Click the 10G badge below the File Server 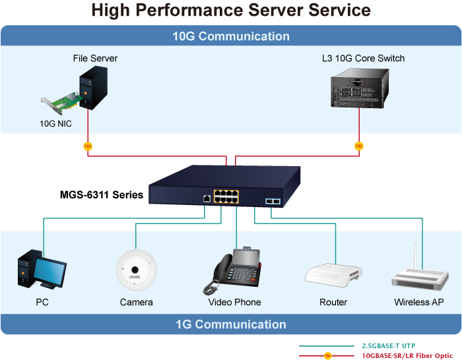[88, 146]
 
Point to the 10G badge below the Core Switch [359, 146]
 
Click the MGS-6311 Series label [102, 195]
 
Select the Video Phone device [234, 271]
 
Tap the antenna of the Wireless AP [415, 256]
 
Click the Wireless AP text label [419, 302]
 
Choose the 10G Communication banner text [231, 36]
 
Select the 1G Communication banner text [231, 324]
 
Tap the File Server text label [95, 58]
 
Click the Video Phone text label [234, 302]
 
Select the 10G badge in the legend [328, 355]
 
